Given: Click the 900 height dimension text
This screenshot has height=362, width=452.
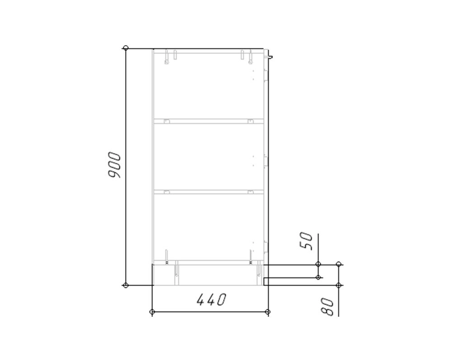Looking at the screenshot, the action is click(113, 165).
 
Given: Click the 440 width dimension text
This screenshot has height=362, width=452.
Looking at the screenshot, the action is click(211, 300).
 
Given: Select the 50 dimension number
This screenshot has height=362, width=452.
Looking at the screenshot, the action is click(306, 241).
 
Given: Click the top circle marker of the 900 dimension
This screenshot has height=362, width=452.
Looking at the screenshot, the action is click(125, 48).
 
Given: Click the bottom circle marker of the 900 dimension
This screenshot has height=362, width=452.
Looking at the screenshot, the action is click(125, 285).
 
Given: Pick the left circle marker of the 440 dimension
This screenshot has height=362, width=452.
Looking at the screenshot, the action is click(152, 312).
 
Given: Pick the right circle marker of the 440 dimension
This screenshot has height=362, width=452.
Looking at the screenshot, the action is click(268, 312).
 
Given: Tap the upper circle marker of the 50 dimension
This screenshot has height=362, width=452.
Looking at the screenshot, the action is click(318, 264).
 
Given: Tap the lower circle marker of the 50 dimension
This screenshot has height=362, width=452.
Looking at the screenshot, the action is click(318, 277).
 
